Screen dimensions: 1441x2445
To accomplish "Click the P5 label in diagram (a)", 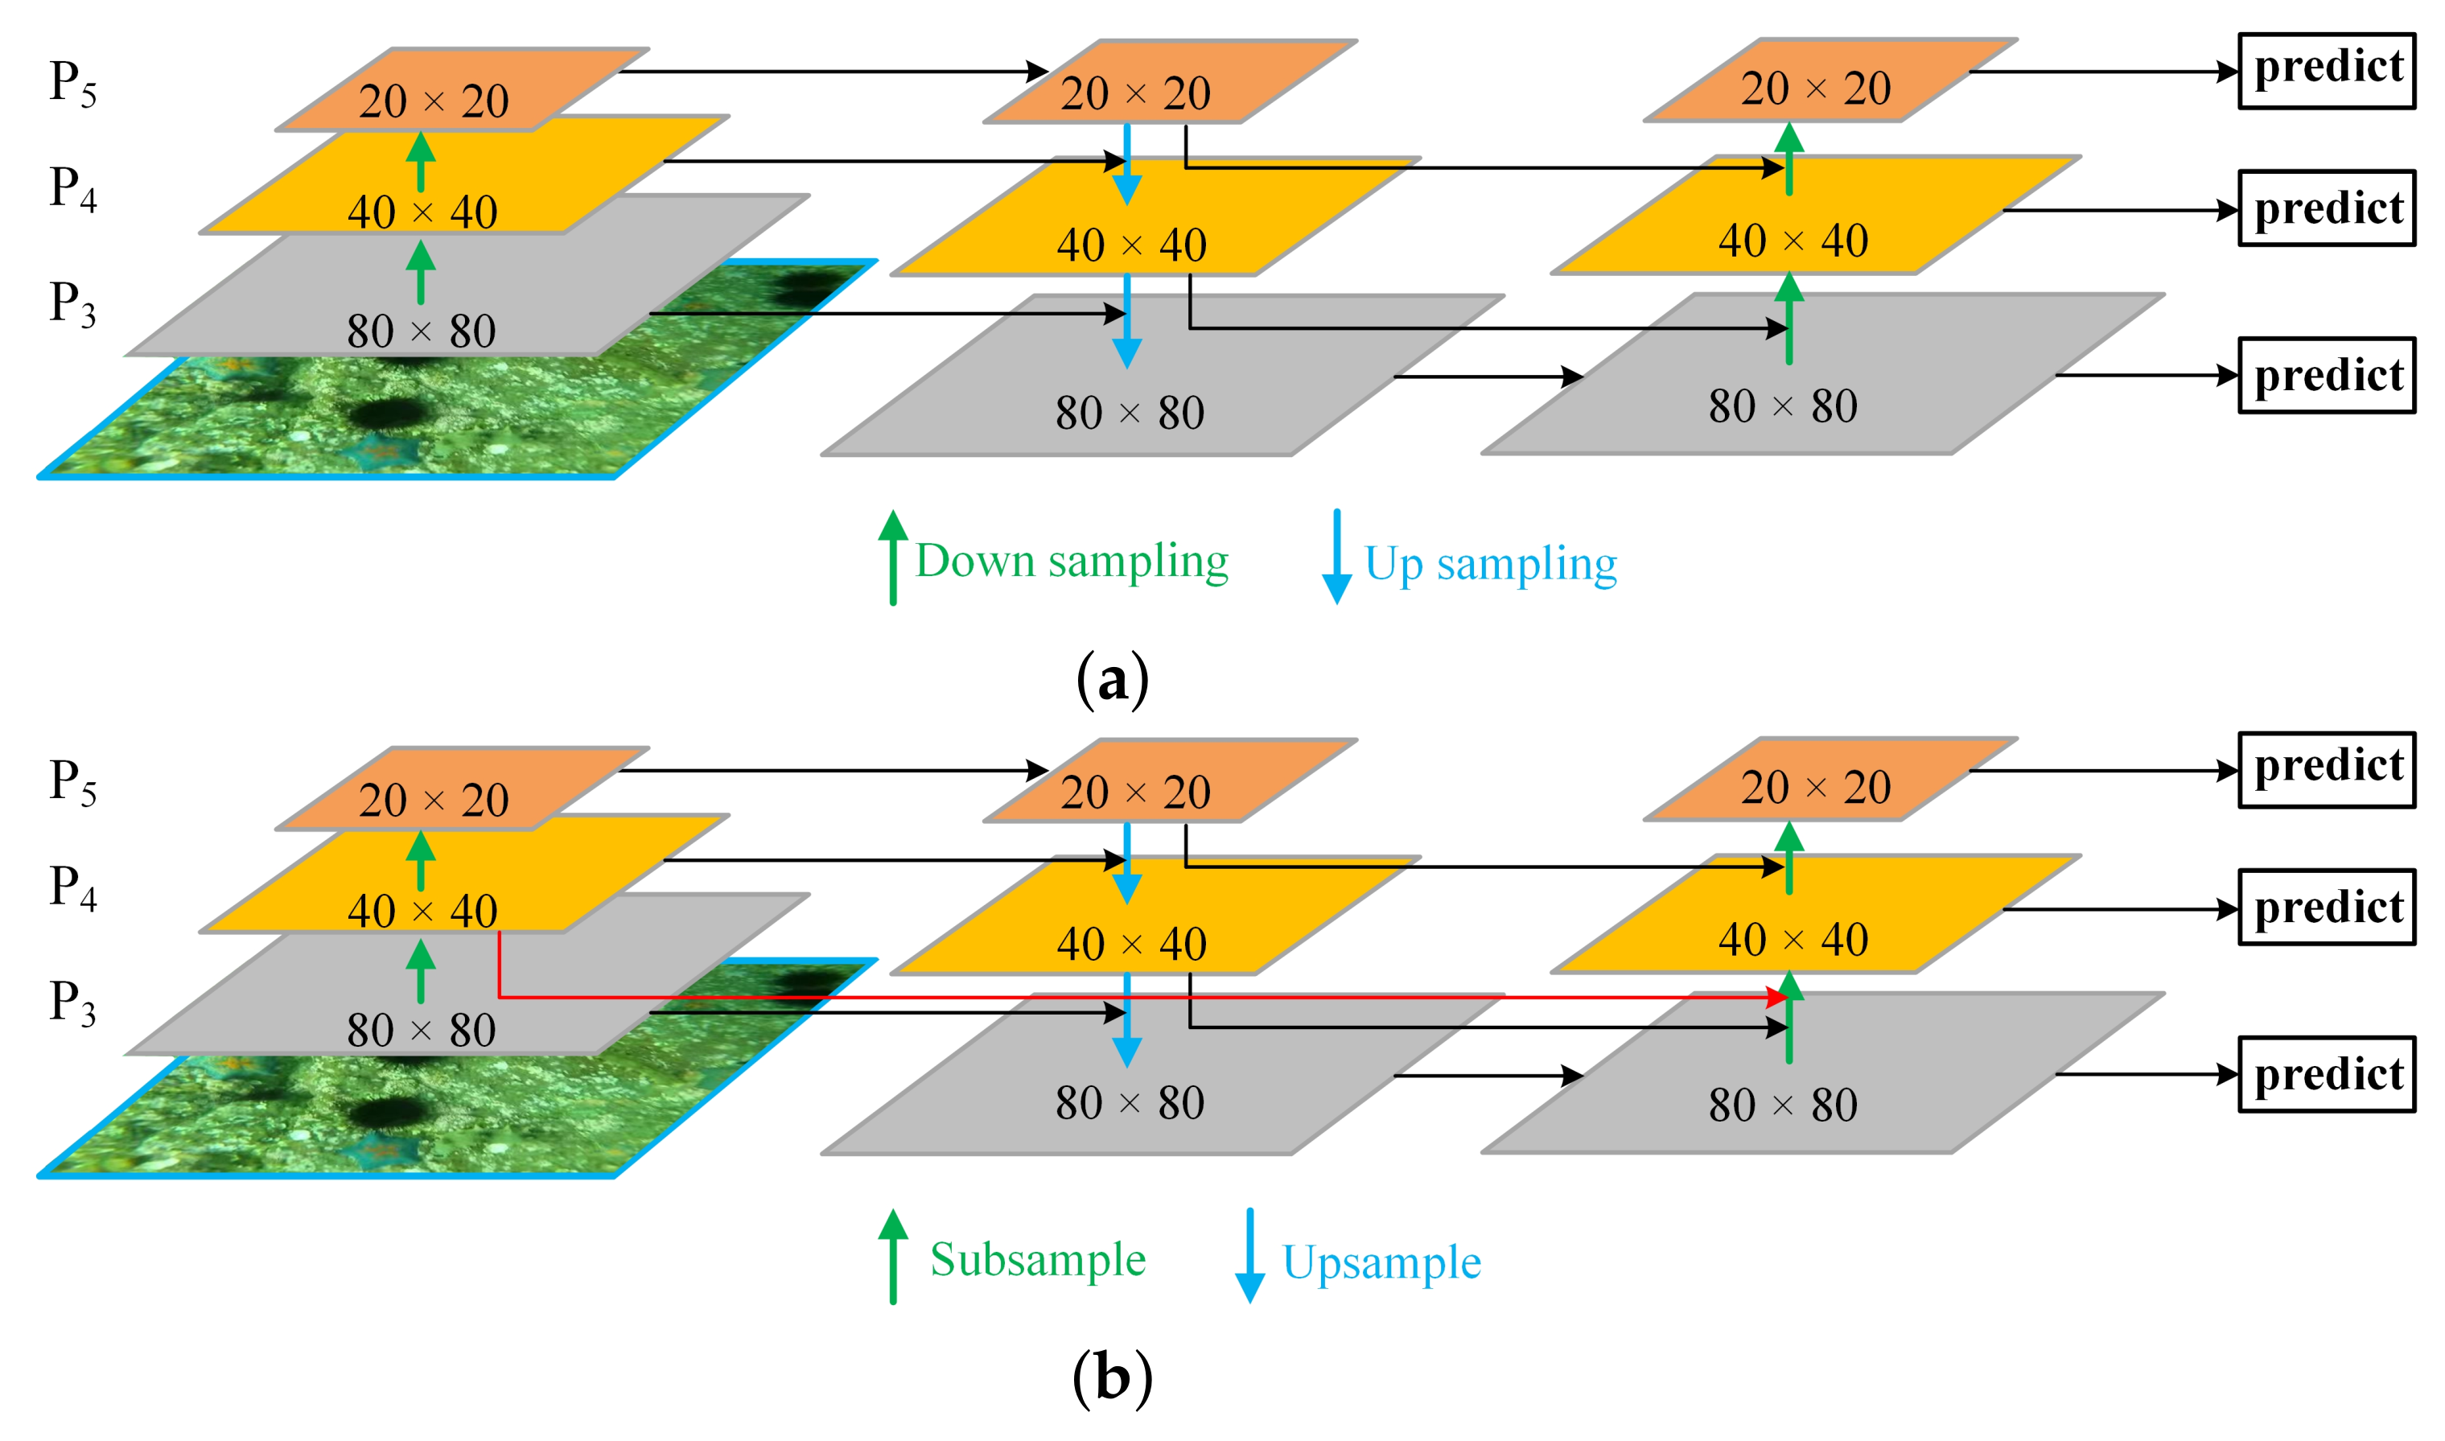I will coord(73,84).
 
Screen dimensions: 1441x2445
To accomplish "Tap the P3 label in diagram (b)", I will coord(73,1003).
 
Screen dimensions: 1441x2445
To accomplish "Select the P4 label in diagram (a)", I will coord(73,188).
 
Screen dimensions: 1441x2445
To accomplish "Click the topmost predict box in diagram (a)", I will coord(2326,72).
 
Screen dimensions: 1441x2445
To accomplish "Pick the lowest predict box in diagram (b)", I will coord(2326,1074).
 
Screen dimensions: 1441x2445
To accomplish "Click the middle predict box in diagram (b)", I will coord(2326,907).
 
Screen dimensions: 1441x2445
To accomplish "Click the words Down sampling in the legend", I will coord(1071,562).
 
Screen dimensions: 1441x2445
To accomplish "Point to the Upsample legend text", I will coord(1381,1262).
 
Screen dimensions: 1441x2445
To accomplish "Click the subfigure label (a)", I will coord(1112,680).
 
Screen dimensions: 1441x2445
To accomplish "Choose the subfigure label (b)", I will coord(1112,1378).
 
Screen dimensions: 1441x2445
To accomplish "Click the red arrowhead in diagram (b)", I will coord(1777,997).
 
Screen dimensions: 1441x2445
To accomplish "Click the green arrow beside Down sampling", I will coord(892,558).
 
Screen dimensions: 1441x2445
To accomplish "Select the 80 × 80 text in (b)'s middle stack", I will coord(1130,1103).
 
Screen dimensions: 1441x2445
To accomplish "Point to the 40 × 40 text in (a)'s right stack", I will coord(1793,241).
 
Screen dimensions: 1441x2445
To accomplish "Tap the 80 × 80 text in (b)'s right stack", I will coord(1783,1105).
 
